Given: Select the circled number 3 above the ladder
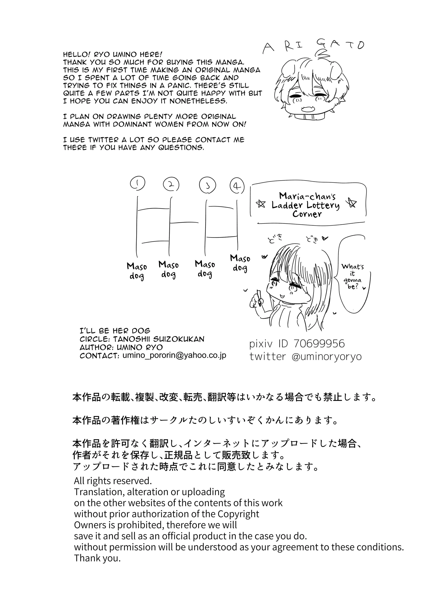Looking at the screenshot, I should tap(207, 185).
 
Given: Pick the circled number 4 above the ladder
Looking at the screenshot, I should tap(237, 186).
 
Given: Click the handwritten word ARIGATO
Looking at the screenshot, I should tap(313, 47).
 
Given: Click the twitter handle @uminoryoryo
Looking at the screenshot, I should tap(327, 356).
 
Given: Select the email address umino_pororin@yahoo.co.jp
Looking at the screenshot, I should tap(174, 355).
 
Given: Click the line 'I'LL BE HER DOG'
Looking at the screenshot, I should tap(115, 331).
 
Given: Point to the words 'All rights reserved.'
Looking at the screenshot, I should tap(113, 480).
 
